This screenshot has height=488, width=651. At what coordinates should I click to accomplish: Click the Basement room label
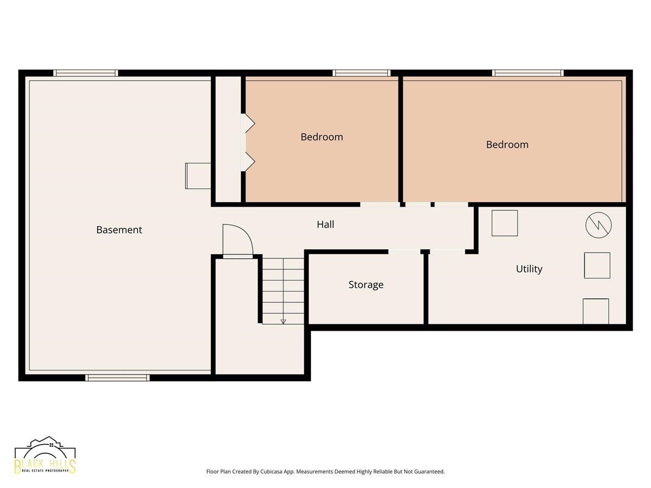(x=119, y=230)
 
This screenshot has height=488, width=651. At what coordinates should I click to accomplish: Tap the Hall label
(x=325, y=224)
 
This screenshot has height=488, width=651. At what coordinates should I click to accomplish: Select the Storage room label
(x=366, y=285)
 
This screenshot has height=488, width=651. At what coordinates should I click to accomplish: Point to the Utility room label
(x=529, y=269)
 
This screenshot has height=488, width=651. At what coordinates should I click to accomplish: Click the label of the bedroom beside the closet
(x=322, y=137)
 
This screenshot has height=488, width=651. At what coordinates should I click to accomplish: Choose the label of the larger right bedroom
(x=507, y=145)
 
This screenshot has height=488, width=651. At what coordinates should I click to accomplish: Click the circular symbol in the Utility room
(x=598, y=225)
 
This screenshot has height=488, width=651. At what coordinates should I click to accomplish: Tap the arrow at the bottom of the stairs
(x=283, y=322)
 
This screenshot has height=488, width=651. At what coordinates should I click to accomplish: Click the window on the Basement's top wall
(x=86, y=73)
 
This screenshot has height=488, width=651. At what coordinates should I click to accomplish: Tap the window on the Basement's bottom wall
(x=117, y=377)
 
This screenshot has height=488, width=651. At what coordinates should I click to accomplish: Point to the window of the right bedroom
(x=528, y=73)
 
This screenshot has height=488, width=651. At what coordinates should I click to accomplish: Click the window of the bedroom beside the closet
(x=361, y=73)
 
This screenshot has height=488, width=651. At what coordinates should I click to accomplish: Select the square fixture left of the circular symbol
(x=505, y=223)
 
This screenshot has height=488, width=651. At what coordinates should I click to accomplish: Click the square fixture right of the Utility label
(x=597, y=266)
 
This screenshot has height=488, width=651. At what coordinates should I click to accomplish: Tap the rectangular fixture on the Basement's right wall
(x=198, y=176)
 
